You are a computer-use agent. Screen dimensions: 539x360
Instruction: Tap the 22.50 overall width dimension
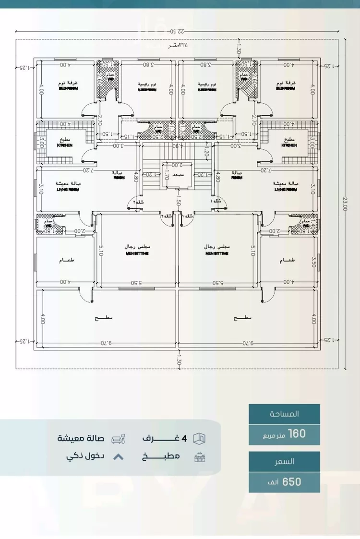pos(179,32)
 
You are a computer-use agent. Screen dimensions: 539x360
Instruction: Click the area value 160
pos(296,434)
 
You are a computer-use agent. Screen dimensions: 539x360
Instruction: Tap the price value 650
pos(292,481)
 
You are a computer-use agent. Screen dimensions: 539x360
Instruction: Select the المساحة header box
pos(284,414)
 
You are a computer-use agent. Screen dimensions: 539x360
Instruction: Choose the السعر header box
pos(284,461)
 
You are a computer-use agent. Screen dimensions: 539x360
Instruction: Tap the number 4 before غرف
pos(183,438)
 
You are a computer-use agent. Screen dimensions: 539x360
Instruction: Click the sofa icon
pos(118,439)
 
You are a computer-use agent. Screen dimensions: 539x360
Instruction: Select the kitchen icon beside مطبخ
pos(199,456)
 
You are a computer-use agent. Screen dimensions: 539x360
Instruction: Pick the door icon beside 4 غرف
pos(199,438)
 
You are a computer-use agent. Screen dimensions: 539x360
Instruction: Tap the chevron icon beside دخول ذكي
pos(118,456)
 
